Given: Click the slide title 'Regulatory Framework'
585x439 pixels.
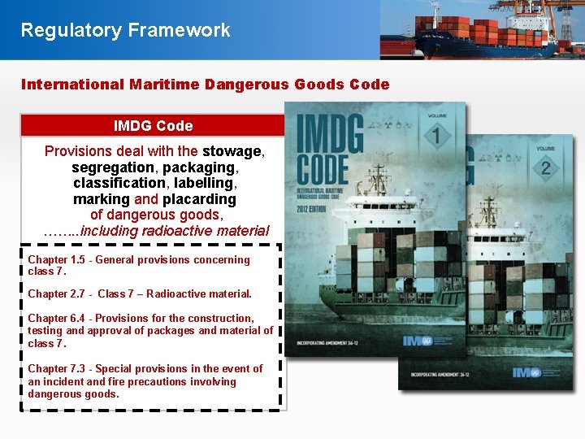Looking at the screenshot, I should click(x=125, y=31).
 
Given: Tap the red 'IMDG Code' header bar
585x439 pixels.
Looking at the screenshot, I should click(x=153, y=126).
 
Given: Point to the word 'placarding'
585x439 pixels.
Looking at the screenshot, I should click(x=199, y=199).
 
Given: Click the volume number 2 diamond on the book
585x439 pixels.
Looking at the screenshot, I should click(x=544, y=167).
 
